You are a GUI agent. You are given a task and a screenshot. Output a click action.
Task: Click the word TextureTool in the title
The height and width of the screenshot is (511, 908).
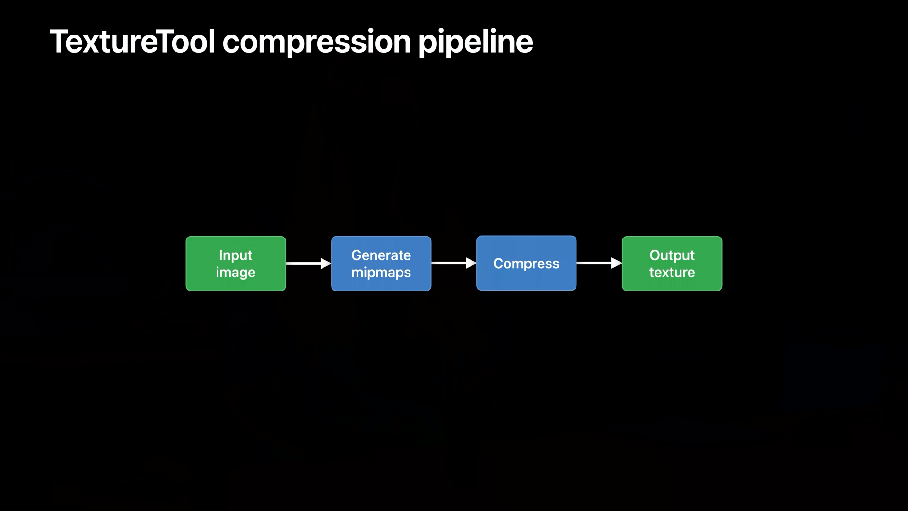(132, 41)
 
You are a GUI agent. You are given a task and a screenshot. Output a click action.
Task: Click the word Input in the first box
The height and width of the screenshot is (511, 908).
(236, 255)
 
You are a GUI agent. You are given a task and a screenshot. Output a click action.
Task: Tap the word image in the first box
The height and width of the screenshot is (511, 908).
(236, 273)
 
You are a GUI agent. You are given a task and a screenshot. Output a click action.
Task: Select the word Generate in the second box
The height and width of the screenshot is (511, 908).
(381, 255)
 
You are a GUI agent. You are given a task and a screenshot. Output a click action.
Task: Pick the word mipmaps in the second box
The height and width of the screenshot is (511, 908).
(381, 273)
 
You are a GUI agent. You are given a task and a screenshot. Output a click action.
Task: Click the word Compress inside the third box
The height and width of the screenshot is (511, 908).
(526, 264)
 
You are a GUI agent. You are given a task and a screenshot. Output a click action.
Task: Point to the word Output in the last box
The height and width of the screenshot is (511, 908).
(672, 255)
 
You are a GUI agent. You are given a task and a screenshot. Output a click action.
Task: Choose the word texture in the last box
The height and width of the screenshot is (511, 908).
(672, 273)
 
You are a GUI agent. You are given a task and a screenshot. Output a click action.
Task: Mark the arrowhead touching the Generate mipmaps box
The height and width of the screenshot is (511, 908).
(326, 264)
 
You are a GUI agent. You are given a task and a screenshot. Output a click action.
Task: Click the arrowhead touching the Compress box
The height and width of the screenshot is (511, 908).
(471, 263)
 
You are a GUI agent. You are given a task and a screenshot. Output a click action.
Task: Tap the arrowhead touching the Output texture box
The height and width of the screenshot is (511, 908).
(617, 263)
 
